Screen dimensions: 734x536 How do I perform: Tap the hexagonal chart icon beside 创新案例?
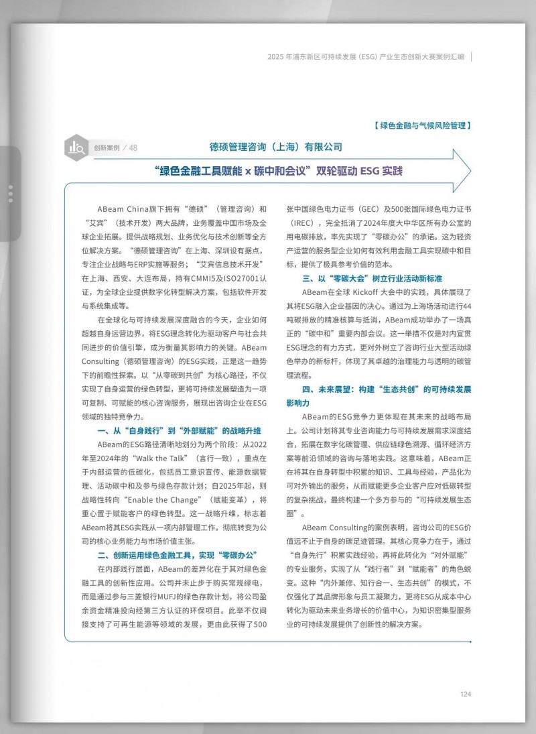(x=76, y=147)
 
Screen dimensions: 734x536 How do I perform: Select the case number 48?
(x=133, y=148)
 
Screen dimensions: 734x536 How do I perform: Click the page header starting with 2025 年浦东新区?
(x=364, y=57)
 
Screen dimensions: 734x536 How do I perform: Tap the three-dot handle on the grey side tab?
(x=10, y=193)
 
